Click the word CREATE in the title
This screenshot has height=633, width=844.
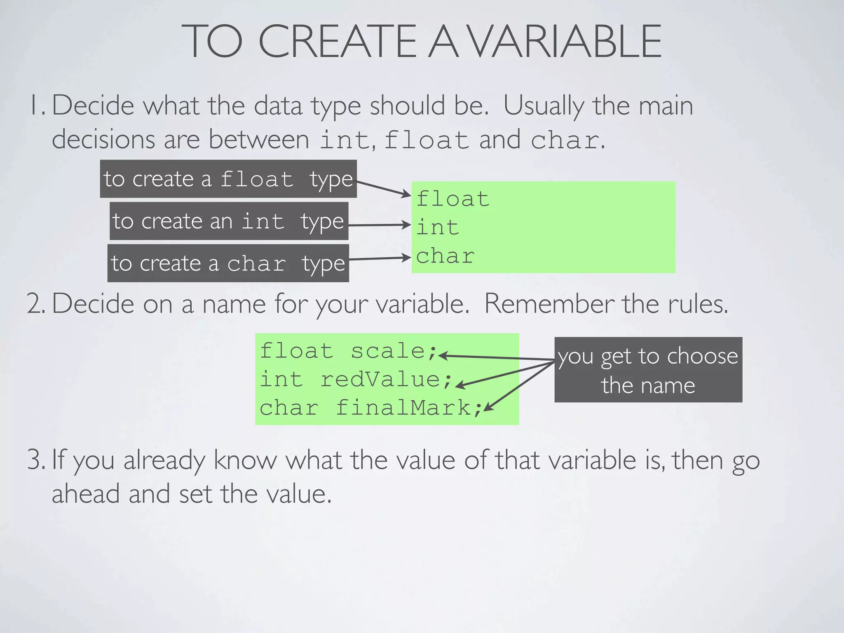tap(338, 41)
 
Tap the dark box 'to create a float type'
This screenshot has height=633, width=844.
tap(228, 179)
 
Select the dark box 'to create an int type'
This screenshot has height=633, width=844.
tap(229, 221)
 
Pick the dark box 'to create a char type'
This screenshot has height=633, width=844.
tap(228, 263)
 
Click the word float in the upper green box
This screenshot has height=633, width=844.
tap(452, 199)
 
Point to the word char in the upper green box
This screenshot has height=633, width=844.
tap(445, 256)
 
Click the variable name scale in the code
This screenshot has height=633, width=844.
tap(388, 351)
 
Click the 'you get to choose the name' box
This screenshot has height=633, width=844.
tap(648, 370)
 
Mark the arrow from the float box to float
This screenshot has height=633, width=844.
tap(383, 188)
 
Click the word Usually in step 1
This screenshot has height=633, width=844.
tap(544, 106)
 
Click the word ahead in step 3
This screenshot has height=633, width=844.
tap(86, 494)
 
